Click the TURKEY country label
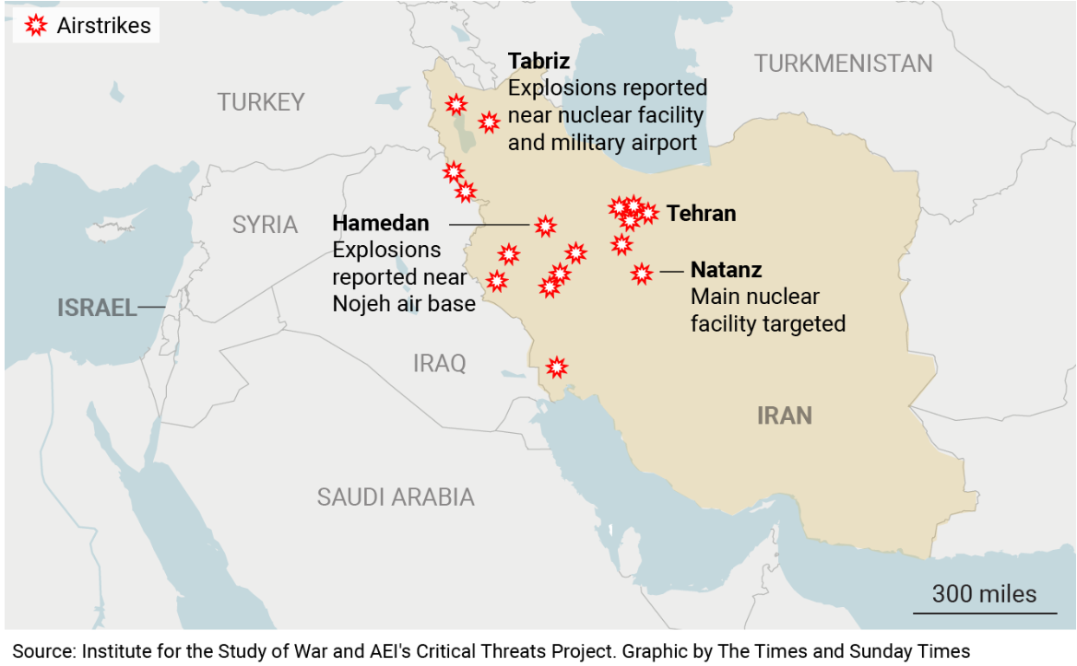click(260, 102)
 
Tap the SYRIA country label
click(265, 225)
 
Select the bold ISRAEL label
click(97, 308)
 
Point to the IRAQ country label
click(439, 363)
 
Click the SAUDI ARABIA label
click(396, 497)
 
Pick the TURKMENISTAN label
click(843, 64)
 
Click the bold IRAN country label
click(784, 415)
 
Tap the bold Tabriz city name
click(538, 62)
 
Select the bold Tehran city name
click(701, 214)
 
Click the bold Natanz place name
click(726, 271)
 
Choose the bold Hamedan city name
click(380, 223)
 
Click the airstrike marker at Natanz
click(642, 273)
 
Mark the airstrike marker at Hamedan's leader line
click(546, 226)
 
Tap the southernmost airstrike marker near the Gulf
click(556, 368)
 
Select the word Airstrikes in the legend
click(103, 26)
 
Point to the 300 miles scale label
click(984, 594)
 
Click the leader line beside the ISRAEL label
click(152, 308)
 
